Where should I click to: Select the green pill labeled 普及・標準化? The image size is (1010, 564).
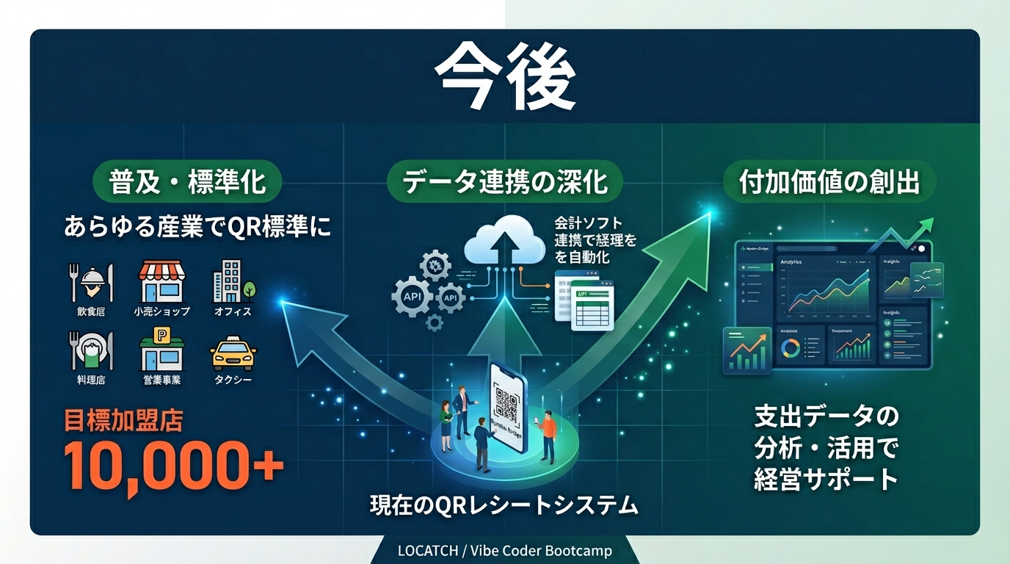[187, 181]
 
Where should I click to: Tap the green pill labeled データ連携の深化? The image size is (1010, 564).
[506, 181]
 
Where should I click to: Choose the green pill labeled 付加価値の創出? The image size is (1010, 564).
[829, 181]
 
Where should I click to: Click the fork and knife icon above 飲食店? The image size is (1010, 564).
[92, 283]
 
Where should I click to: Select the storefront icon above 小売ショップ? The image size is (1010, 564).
[161, 283]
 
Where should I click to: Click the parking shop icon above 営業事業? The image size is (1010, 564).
[161, 350]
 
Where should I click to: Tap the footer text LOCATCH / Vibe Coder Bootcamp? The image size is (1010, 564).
[504, 550]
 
